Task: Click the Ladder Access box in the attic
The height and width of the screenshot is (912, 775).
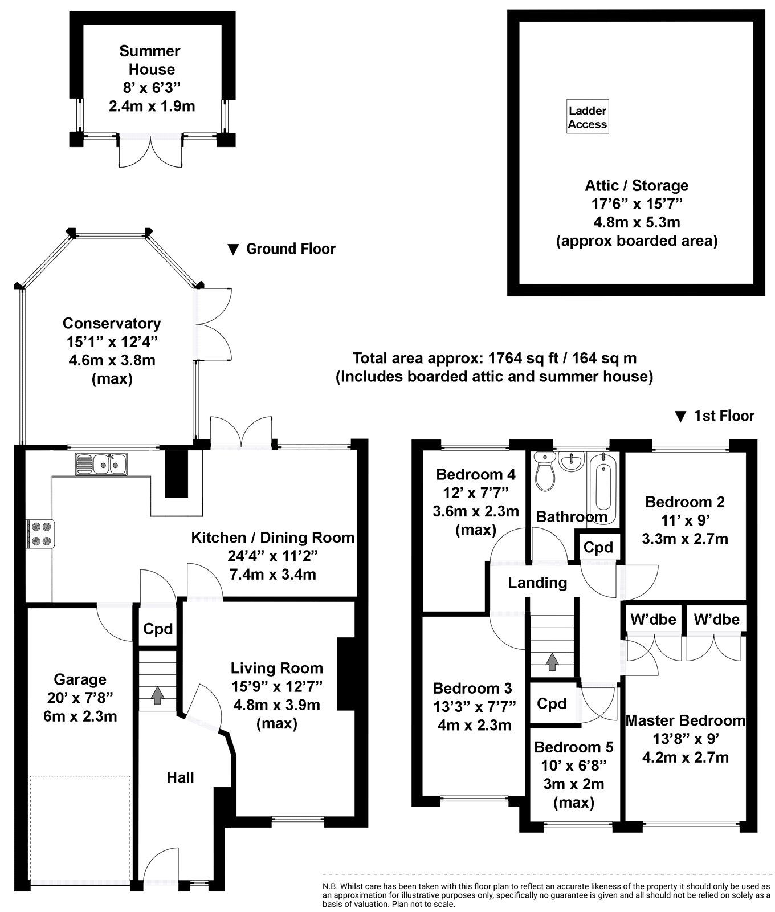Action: coord(587,117)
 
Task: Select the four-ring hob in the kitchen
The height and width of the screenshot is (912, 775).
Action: coord(39,534)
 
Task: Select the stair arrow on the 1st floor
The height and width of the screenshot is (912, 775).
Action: coord(551,661)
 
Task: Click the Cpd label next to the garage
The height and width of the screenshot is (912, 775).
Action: coord(157,629)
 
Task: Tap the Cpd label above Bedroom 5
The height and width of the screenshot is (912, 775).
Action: coord(552,703)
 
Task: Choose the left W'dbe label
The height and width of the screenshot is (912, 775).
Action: coord(652,619)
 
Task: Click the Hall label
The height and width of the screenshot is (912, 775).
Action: coord(180,777)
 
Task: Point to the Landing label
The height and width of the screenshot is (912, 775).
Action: coord(537,582)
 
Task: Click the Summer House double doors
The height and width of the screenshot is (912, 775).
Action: coord(151,152)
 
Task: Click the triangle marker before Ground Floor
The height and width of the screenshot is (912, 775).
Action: coord(232,249)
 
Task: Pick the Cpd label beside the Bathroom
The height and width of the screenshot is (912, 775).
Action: coord(598,547)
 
